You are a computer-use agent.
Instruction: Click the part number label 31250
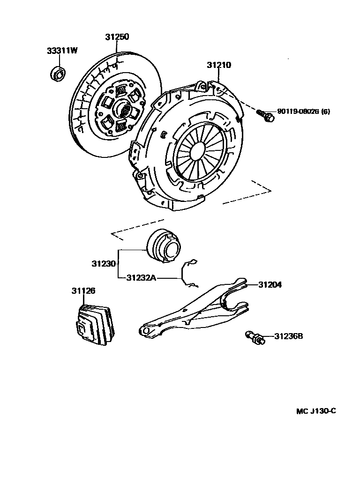[x=117, y=37]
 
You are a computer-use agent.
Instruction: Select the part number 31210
[x=219, y=66]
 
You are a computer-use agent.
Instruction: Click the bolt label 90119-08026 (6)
[x=304, y=112]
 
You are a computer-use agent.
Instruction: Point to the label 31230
[x=104, y=264]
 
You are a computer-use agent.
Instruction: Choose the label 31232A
[x=141, y=277]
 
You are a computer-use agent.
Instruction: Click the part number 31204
[x=270, y=284]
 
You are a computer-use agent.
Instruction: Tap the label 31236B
[x=288, y=336]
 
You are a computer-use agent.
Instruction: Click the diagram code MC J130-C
[x=316, y=411]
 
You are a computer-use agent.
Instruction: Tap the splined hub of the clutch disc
[x=124, y=110]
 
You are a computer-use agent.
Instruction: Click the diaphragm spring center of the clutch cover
[x=194, y=149]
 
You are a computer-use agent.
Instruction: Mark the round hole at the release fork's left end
[x=146, y=330]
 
